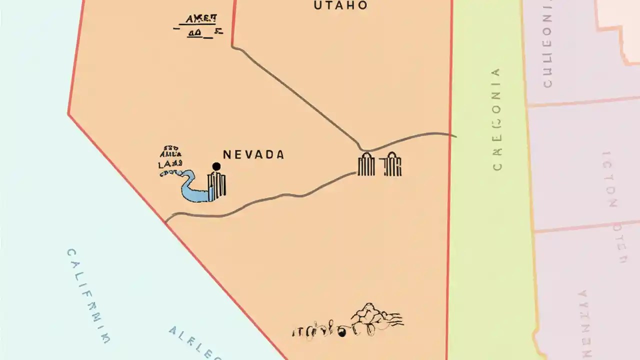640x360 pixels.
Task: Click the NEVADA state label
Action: pos(253,155)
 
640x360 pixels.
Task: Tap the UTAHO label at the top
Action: pos(340,5)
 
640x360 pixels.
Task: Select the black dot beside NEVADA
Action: pos(216,166)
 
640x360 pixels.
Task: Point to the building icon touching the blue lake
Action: pos(217,185)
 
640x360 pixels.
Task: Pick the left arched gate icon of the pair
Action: pos(366,164)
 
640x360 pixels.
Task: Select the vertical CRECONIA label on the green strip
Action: pos(496,120)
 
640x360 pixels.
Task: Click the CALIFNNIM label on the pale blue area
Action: pos(88,295)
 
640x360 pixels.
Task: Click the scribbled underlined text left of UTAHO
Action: pos(198,26)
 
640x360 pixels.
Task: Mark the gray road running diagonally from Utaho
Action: pos(300,95)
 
